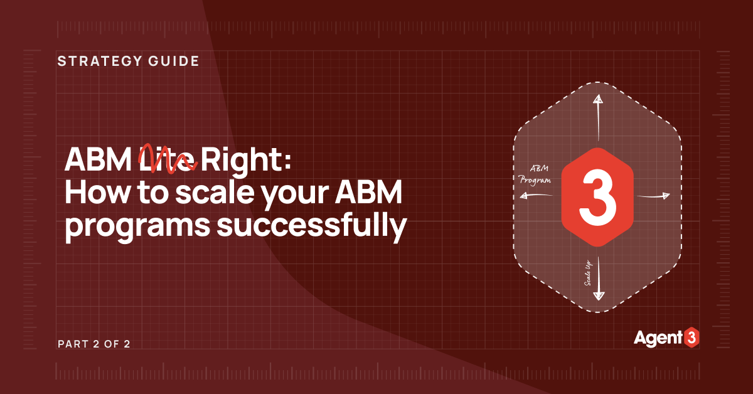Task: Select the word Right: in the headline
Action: (x=247, y=162)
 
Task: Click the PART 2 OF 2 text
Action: (x=94, y=344)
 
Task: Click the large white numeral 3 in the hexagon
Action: (x=598, y=197)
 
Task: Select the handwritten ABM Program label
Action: (x=535, y=175)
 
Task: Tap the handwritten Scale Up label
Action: (x=590, y=274)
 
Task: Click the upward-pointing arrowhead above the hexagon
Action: (x=598, y=100)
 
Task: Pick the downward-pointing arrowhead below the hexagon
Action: (x=598, y=294)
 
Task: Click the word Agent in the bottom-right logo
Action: (x=656, y=338)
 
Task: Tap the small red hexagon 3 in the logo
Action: (x=691, y=338)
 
